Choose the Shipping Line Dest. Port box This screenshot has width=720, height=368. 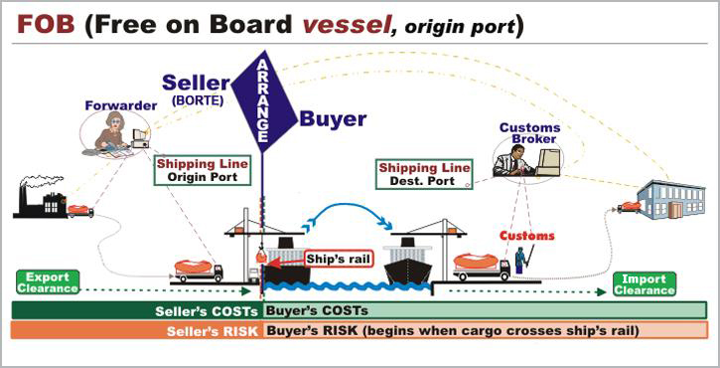coord(423,174)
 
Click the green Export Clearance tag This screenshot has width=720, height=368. coord(47,281)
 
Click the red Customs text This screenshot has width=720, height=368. coord(526,237)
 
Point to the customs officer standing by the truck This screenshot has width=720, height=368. coord(519,262)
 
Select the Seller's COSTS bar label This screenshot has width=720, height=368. coord(214,310)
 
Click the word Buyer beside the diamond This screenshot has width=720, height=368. coord(333,119)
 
